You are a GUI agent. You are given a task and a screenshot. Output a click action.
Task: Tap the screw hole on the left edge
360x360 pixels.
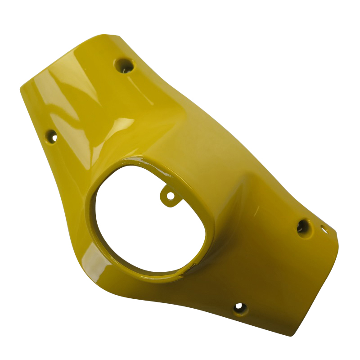[x=52, y=135]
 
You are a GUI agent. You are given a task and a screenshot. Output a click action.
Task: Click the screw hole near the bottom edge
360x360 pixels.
[x=240, y=308]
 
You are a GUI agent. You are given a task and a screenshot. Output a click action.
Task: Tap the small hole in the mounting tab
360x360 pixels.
[x=170, y=196]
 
